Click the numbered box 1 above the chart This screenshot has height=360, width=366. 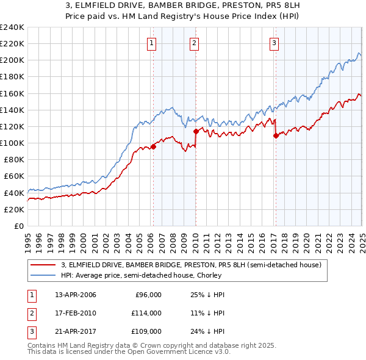[151, 43]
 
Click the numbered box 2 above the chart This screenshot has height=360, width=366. [193, 43]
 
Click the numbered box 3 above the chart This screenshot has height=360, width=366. [274, 43]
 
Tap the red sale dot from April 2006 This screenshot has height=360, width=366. [154, 146]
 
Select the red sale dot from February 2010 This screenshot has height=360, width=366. [196, 131]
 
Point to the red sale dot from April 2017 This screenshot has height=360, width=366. [276, 135]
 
